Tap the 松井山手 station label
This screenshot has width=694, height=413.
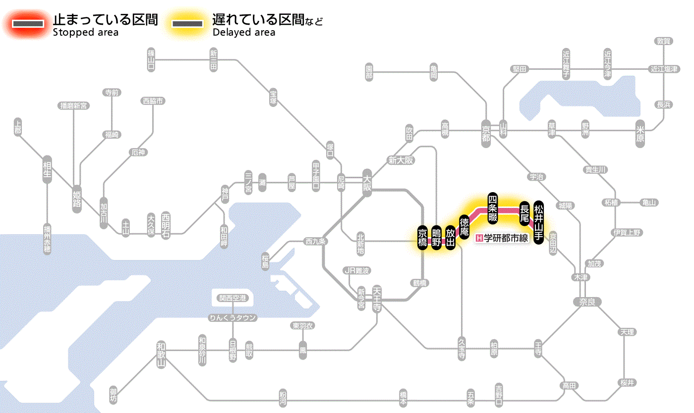(x=539, y=221)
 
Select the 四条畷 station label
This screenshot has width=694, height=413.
(x=492, y=206)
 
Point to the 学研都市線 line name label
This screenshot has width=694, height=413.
(x=503, y=238)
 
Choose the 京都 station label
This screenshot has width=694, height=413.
(x=486, y=131)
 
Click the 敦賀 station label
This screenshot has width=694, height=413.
(x=663, y=41)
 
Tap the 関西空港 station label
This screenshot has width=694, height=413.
(x=232, y=298)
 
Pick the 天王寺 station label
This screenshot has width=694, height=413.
(x=377, y=299)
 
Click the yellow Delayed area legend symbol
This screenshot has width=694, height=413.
(x=187, y=24)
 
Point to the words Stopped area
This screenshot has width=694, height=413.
(x=85, y=33)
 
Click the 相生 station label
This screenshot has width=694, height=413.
(x=47, y=172)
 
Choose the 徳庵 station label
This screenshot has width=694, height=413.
(x=464, y=227)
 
